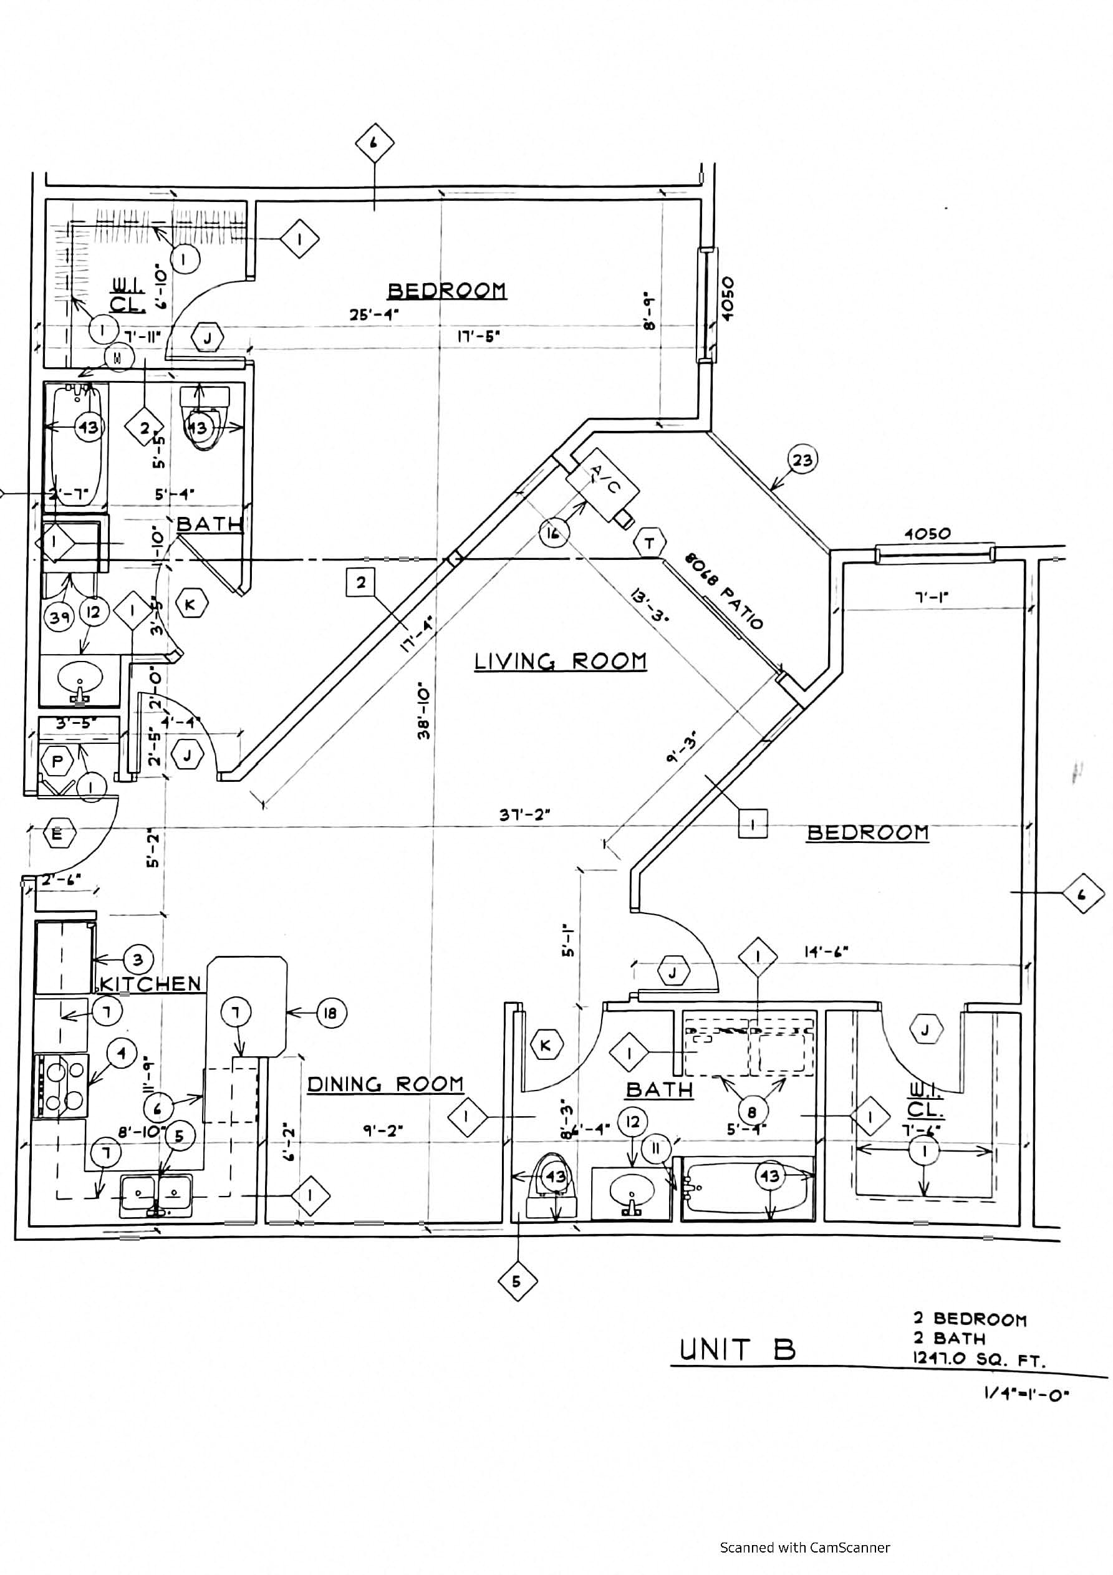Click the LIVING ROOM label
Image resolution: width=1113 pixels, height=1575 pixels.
(x=560, y=662)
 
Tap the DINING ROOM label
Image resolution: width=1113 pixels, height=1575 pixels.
(x=384, y=1084)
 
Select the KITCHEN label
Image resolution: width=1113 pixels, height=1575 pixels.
(x=150, y=984)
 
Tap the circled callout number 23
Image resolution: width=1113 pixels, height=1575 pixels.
(x=802, y=460)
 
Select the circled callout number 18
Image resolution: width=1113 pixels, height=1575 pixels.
(x=330, y=1013)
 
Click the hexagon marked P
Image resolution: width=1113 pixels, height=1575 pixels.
(x=57, y=761)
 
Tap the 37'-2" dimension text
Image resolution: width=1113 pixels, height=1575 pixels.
(x=525, y=815)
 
